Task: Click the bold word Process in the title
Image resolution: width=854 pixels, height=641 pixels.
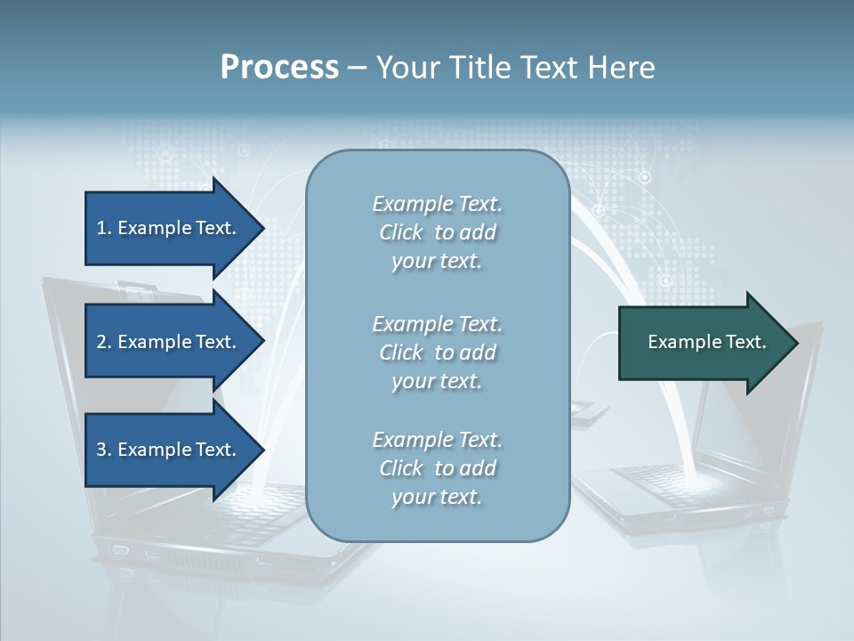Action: click(279, 68)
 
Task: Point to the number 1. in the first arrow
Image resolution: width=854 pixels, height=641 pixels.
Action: click(104, 228)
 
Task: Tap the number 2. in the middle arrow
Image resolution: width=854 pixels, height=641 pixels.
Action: click(104, 342)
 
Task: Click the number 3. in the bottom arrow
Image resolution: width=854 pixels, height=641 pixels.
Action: click(104, 450)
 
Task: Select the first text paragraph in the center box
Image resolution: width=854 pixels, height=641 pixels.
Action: click(437, 232)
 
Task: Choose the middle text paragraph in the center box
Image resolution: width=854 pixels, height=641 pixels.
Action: click(437, 353)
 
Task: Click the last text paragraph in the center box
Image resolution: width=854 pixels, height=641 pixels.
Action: click(437, 468)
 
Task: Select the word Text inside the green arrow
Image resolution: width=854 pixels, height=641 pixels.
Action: click(745, 342)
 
